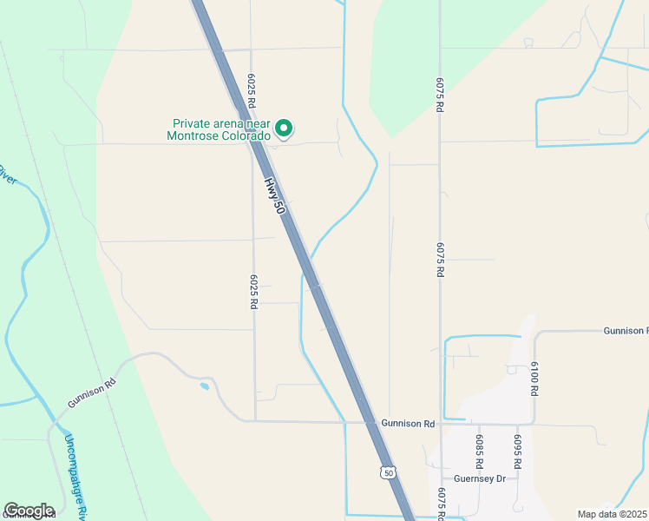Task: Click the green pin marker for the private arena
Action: click(x=283, y=129)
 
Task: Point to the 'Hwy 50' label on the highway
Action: click(x=274, y=197)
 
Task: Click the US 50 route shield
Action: click(x=387, y=472)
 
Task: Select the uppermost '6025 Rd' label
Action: click(x=252, y=91)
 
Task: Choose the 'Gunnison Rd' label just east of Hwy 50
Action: click(x=407, y=424)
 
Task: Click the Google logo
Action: click(x=29, y=511)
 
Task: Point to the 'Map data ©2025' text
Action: click(x=612, y=514)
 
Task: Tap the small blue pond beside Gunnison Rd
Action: click(x=204, y=386)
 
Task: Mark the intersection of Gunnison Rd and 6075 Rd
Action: click(x=440, y=424)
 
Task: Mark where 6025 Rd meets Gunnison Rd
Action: click(x=255, y=421)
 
